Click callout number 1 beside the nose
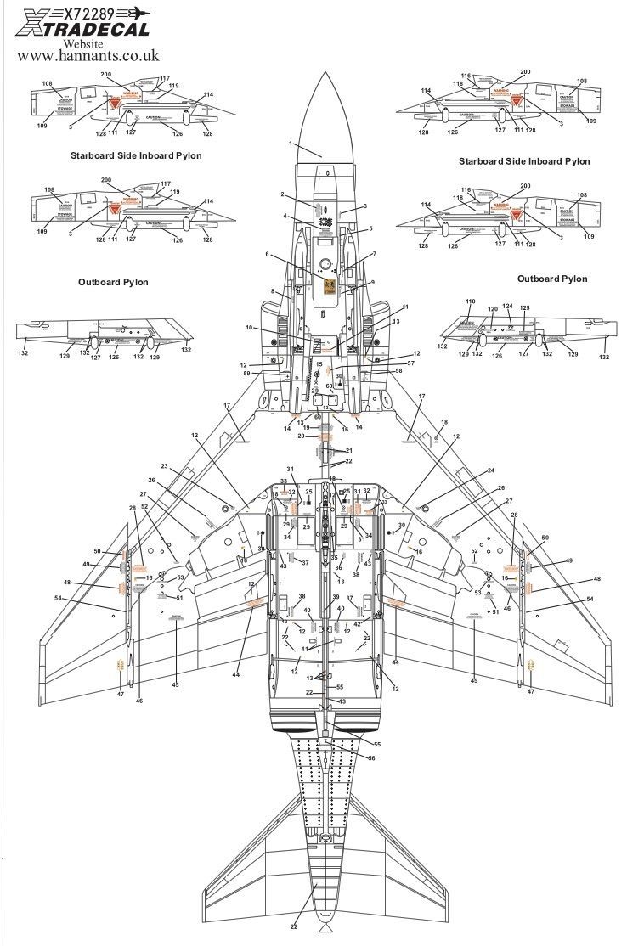pyautogui.click(x=290, y=144)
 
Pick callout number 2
pyautogui.click(x=283, y=194)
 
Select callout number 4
pyautogui.click(x=286, y=216)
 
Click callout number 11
pyautogui.click(x=406, y=307)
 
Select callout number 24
pyautogui.click(x=490, y=471)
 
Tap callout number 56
pyautogui.click(x=370, y=757)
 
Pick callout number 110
pyautogui.click(x=470, y=301)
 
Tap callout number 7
pyautogui.click(x=374, y=254)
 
